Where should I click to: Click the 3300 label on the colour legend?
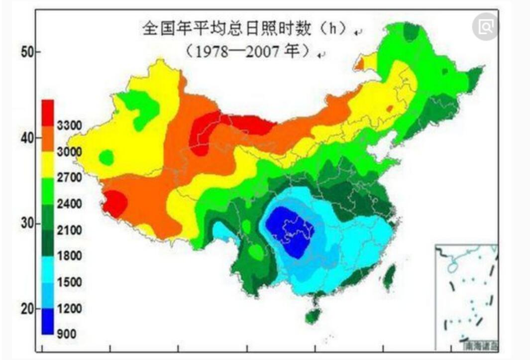69,125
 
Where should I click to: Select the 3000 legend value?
69,152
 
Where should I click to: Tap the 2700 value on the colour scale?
69,178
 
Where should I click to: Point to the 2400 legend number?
69,204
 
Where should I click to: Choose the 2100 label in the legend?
69,230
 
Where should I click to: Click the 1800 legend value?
69,256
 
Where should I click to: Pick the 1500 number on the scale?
69,282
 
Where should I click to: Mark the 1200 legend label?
69,309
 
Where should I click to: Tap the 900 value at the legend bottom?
67,334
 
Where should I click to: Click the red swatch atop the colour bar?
48,112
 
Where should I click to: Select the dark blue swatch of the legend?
48,321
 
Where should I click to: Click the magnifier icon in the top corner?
485,27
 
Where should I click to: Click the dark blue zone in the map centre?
289,229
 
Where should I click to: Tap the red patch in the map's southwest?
115,203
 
